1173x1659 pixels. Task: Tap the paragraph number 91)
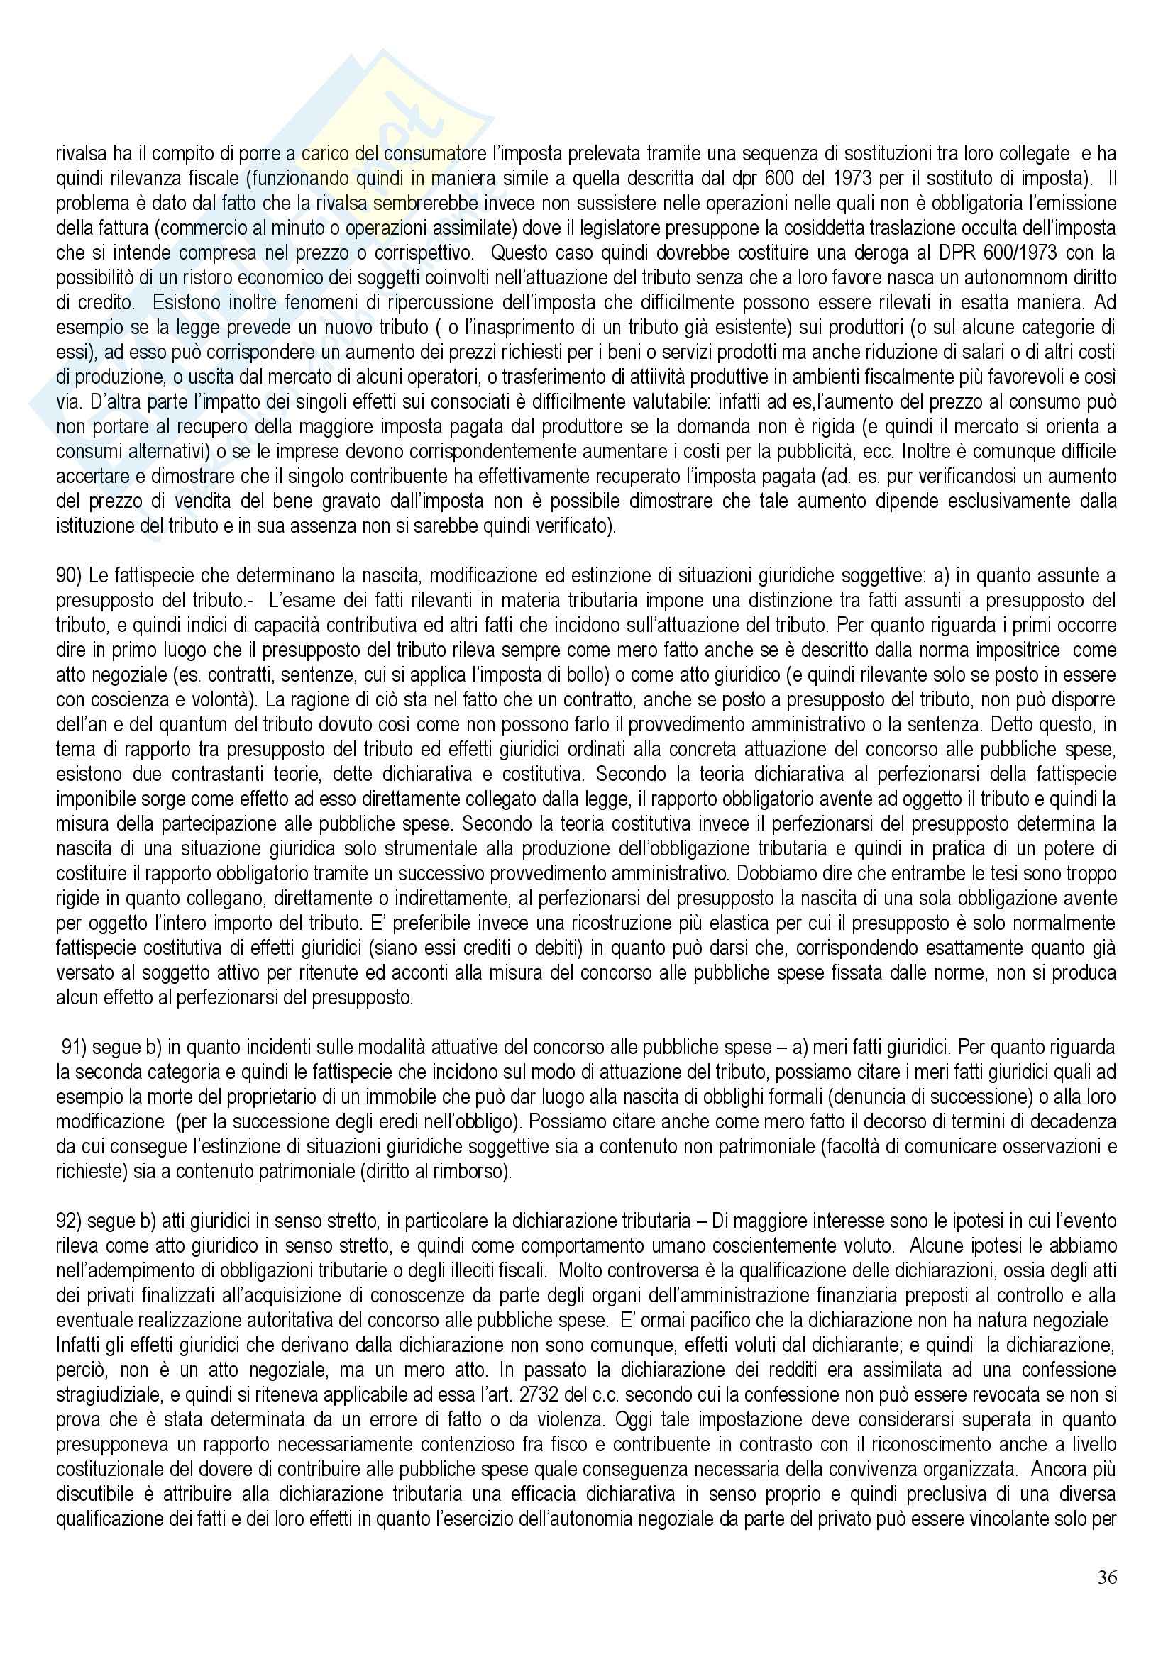71,1046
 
